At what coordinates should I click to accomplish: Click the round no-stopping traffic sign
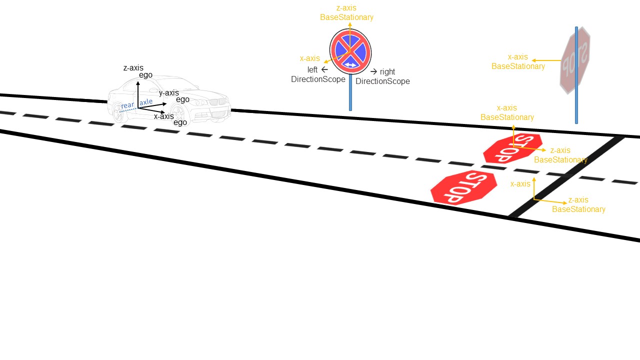(350, 51)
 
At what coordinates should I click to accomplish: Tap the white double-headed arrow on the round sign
(350, 65)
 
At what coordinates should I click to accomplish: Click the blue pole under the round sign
(350, 92)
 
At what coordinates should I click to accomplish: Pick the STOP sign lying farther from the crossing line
(464, 187)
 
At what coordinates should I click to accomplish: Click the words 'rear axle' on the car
(136, 103)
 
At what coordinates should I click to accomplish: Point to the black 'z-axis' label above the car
(133, 68)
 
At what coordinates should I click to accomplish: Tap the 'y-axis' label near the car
(168, 93)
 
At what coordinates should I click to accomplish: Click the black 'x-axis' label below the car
(164, 116)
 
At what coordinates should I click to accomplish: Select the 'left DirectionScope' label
(318, 74)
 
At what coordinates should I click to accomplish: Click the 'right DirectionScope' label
(383, 76)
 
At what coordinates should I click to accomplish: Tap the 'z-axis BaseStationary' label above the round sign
(346, 12)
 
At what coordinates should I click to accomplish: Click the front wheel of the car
(179, 114)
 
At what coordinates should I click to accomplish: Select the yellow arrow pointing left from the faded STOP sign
(546, 60)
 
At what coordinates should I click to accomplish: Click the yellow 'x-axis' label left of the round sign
(309, 58)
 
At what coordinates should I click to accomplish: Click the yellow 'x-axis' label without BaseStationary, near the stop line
(520, 184)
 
